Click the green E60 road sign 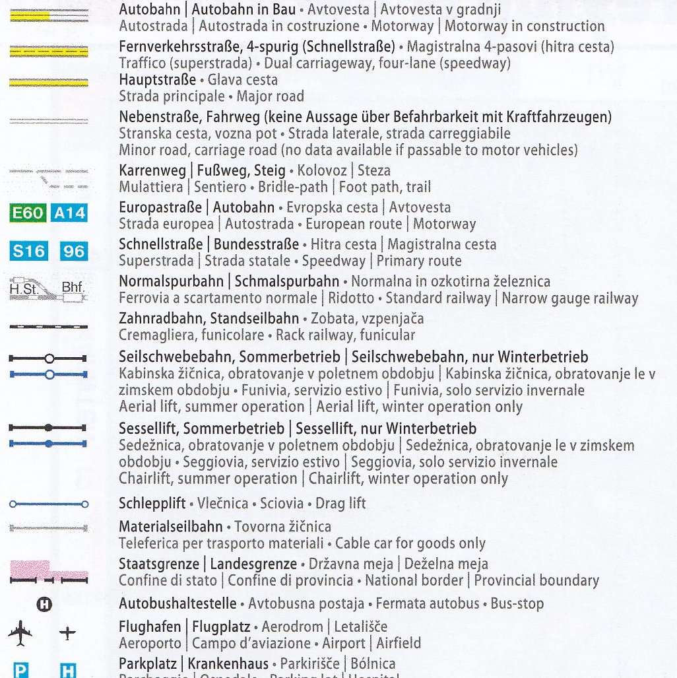click(28, 213)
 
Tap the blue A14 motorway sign click(69, 213)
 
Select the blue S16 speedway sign click(28, 251)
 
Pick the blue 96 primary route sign click(73, 251)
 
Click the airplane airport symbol click(20, 634)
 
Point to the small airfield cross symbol click(67, 634)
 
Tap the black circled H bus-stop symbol click(45, 603)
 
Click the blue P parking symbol click(21, 671)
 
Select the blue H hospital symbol click(68, 671)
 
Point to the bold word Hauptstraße click(157, 80)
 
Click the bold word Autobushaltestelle click(177, 603)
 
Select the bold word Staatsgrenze click(158, 564)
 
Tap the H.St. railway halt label click(24, 289)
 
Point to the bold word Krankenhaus click(228, 663)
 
